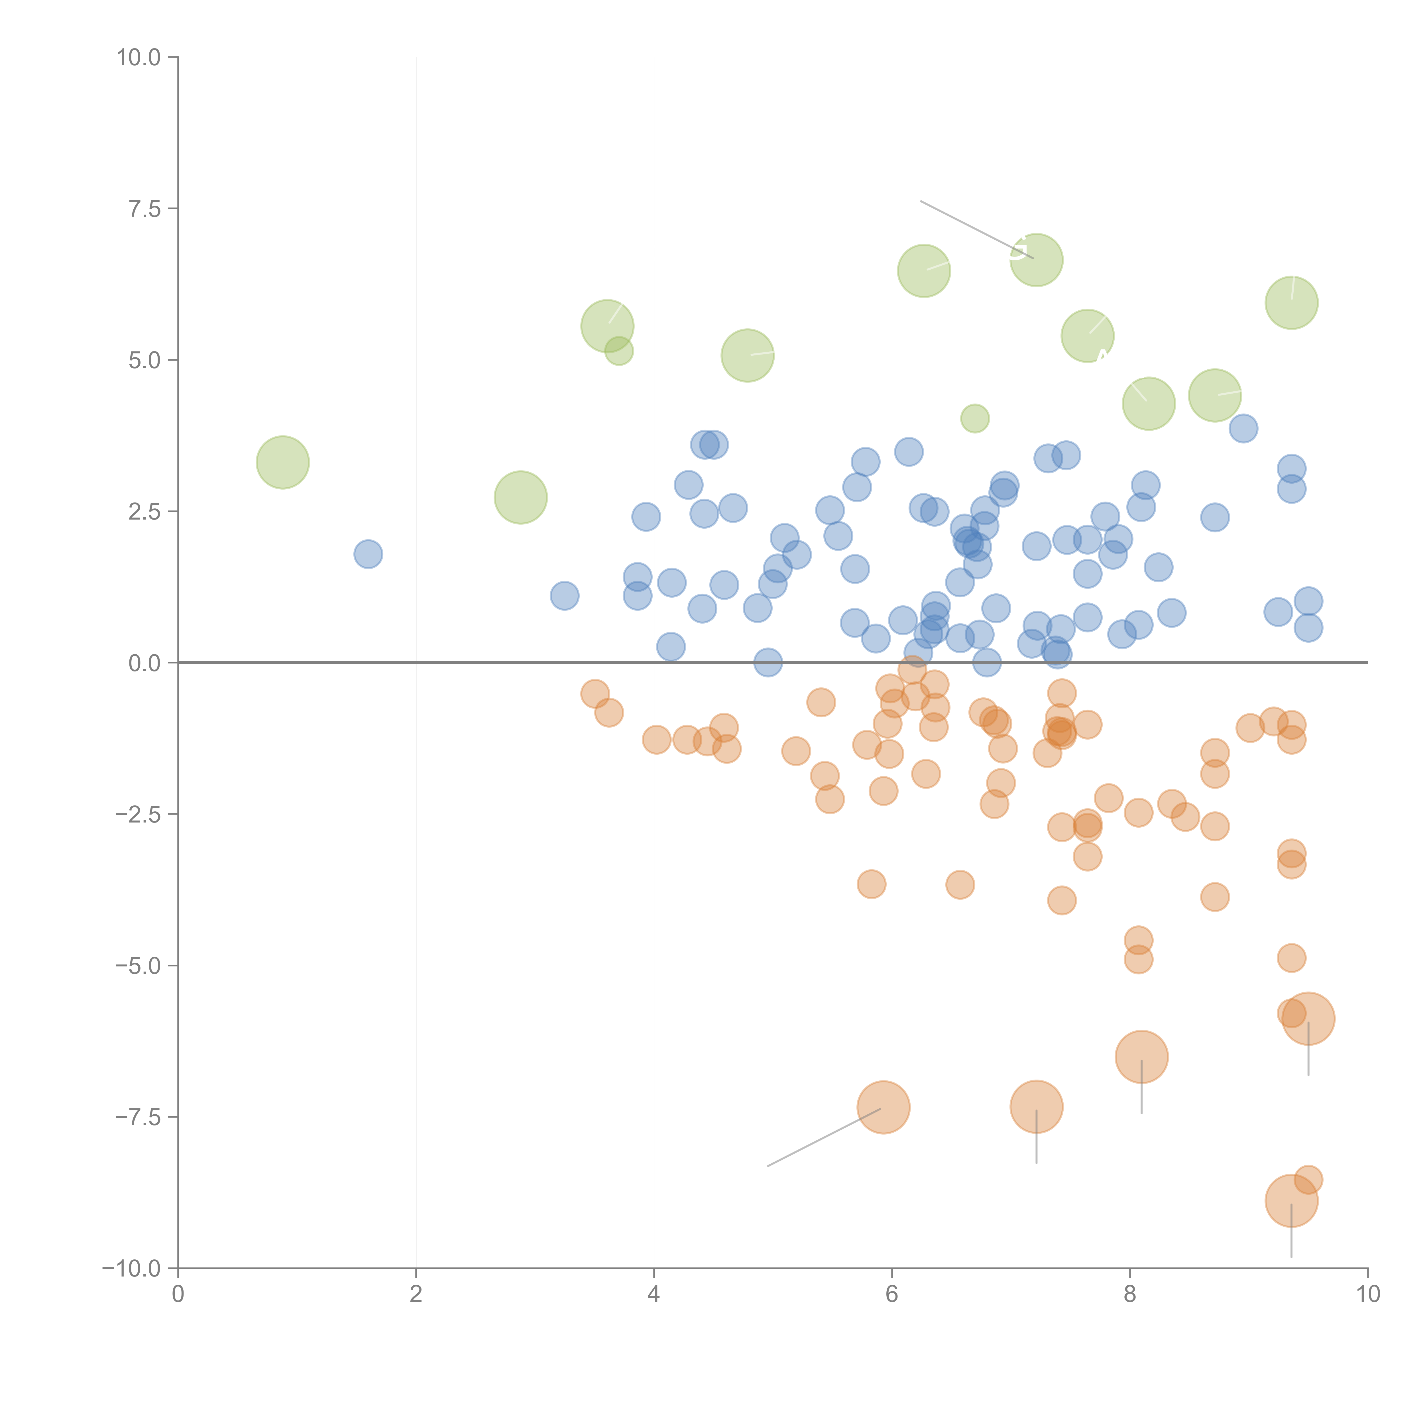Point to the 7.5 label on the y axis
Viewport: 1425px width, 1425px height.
click(x=144, y=209)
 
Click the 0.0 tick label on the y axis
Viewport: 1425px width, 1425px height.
click(x=144, y=663)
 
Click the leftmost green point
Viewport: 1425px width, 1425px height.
click(x=282, y=463)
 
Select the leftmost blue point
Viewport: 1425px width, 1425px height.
click(x=368, y=554)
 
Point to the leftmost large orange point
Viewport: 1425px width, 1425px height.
click(x=883, y=1107)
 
